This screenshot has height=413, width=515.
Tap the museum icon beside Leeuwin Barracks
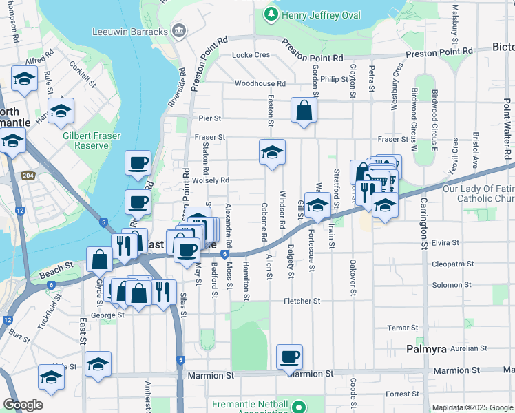click(x=179, y=31)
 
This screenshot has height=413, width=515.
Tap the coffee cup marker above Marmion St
click(x=289, y=357)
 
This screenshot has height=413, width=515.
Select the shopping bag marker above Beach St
click(x=99, y=260)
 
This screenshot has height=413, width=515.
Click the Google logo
click(x=23, y=405)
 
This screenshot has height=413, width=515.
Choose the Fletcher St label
click(x=302, y=301)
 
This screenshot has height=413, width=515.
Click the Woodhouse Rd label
click(x=260, y=83)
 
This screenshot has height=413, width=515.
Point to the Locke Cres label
click(x=251, y=55)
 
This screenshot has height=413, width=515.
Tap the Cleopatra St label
click(x=453, y=264)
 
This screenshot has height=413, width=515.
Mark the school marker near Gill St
click(x=317, y=205)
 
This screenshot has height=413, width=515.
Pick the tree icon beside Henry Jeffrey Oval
click(x=273, y=14)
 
